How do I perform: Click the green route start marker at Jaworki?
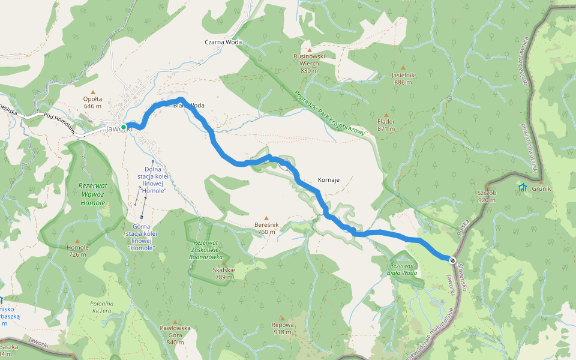pyautogui.click(x=124, y=127)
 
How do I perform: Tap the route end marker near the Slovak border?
pyautogui.click(x=451, y=259)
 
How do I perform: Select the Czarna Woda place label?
pyautogui.click(x=222, y=43)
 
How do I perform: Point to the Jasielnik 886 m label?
pyautogui.click(x=403, y=78)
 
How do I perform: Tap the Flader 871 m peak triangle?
pyautogui.click(x=386, y=115)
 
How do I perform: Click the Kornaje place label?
pyautogui.click(x=328, y=180)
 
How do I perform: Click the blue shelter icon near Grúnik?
pyautogui.click(x=522, y=188)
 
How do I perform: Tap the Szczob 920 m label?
pyautogui.click(x=487, y=196)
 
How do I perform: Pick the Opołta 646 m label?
pyautogui.click(x=93, y=102)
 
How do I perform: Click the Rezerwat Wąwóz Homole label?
pyautogui.click(x=92, y=194)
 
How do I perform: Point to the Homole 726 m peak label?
pyautogui.click(x=77, y=250)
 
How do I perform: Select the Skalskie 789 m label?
pyautogui.click(x=223, y=273)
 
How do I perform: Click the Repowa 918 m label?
pyautogui.click(x=283, y=328)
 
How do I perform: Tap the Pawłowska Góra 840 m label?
pyautogui.click(x=175, y=335)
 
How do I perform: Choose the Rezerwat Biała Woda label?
pyautogui.click(x=402, y=269)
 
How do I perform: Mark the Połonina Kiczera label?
pyautogui.click(x=101, y=307)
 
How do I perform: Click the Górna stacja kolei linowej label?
pyautogui.click(x=142, y=237)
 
